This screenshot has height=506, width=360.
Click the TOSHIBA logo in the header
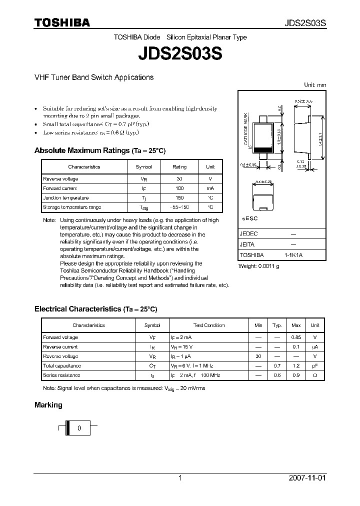click(x=62, y=22)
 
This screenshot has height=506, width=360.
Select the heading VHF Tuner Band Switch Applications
click(x=93, y=77)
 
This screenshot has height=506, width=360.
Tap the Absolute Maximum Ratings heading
click(x=99, y=150)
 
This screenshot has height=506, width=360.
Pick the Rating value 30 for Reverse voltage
click(x=179, y=178)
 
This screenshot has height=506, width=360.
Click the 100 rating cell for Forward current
click(x=179, y=188)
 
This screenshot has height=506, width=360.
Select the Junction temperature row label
click(x=66, y=197)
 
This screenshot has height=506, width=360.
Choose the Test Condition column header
click(x=209, y=325)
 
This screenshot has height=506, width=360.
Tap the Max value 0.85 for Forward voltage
click(x=296, y=337)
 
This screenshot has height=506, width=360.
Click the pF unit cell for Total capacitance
click(x=315, y=365)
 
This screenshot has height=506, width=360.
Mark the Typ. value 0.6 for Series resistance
click(x=277, y=375)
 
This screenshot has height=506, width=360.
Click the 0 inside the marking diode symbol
click(x=78, y=428)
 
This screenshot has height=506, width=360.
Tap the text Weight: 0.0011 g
click(x=258, y=265)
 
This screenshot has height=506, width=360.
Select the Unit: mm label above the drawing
click(x=315, y=85)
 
